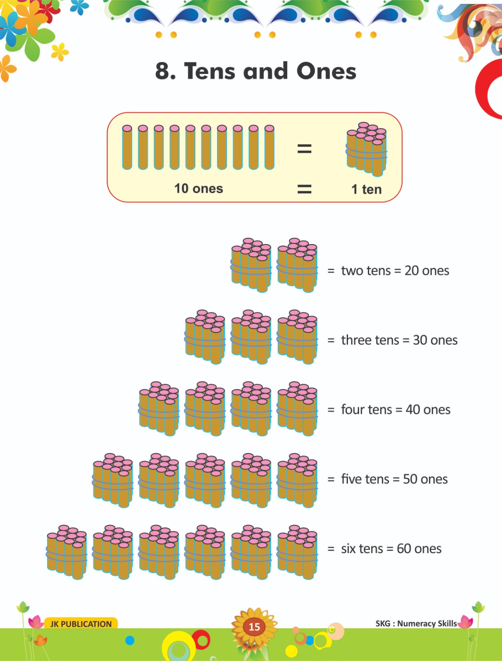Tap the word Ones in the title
[x=326, y=71]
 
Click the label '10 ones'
[x=199, y=188]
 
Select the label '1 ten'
[x=366, y=189]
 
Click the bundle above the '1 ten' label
[x=367, y=149]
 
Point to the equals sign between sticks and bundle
[x=304, y=148]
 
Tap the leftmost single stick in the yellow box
[x=127, y=147]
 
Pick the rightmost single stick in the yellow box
[x=269, y=147]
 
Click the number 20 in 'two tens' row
[x=412, y=271]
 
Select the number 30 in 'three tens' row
[x=420, y=340]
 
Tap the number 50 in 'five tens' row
[x=410, y=479]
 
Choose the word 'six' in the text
[x=348, y=549]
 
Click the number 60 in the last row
[x=404, y=549]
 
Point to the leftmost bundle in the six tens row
[x=66, y=552]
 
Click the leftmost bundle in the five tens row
[x=113, y=480]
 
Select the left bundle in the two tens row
[x=251, y=265]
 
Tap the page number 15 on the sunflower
[x=254, y=627]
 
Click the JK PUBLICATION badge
[x=81, y=624]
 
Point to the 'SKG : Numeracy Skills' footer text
[x=416, y=623]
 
